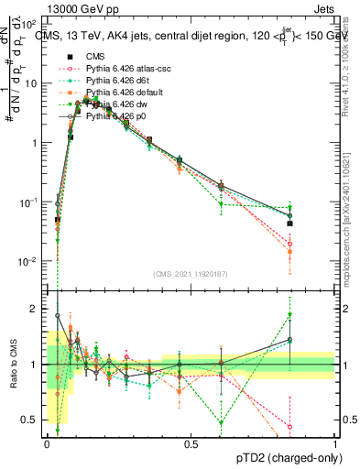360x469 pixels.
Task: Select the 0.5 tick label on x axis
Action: click(x=191, y=443)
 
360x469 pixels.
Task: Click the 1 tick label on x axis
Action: click(x=334, y=443)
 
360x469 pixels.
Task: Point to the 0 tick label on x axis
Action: click(x=47, y=443)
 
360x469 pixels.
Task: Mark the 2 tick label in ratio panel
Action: click(x=34, y=309)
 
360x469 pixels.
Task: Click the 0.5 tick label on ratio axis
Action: click(x=29, y=420)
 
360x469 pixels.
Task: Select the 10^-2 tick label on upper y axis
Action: click(x=27, y=261)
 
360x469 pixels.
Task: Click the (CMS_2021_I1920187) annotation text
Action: click(x=191, y=274)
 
